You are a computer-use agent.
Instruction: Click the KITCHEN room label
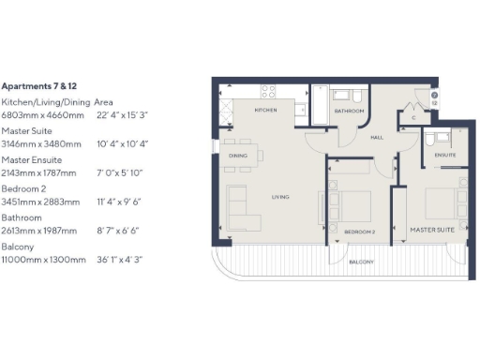click(x=265, y=111)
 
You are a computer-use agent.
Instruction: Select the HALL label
click(x=377, y=138)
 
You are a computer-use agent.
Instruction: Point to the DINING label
click(x=238, y=157)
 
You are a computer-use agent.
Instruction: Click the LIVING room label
click(x=280, y=198)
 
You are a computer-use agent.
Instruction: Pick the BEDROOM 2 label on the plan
click(x=358, y=231)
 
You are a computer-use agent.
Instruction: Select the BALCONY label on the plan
click(x=362, y=262)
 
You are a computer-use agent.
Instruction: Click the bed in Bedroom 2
click(x=349, y=205)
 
